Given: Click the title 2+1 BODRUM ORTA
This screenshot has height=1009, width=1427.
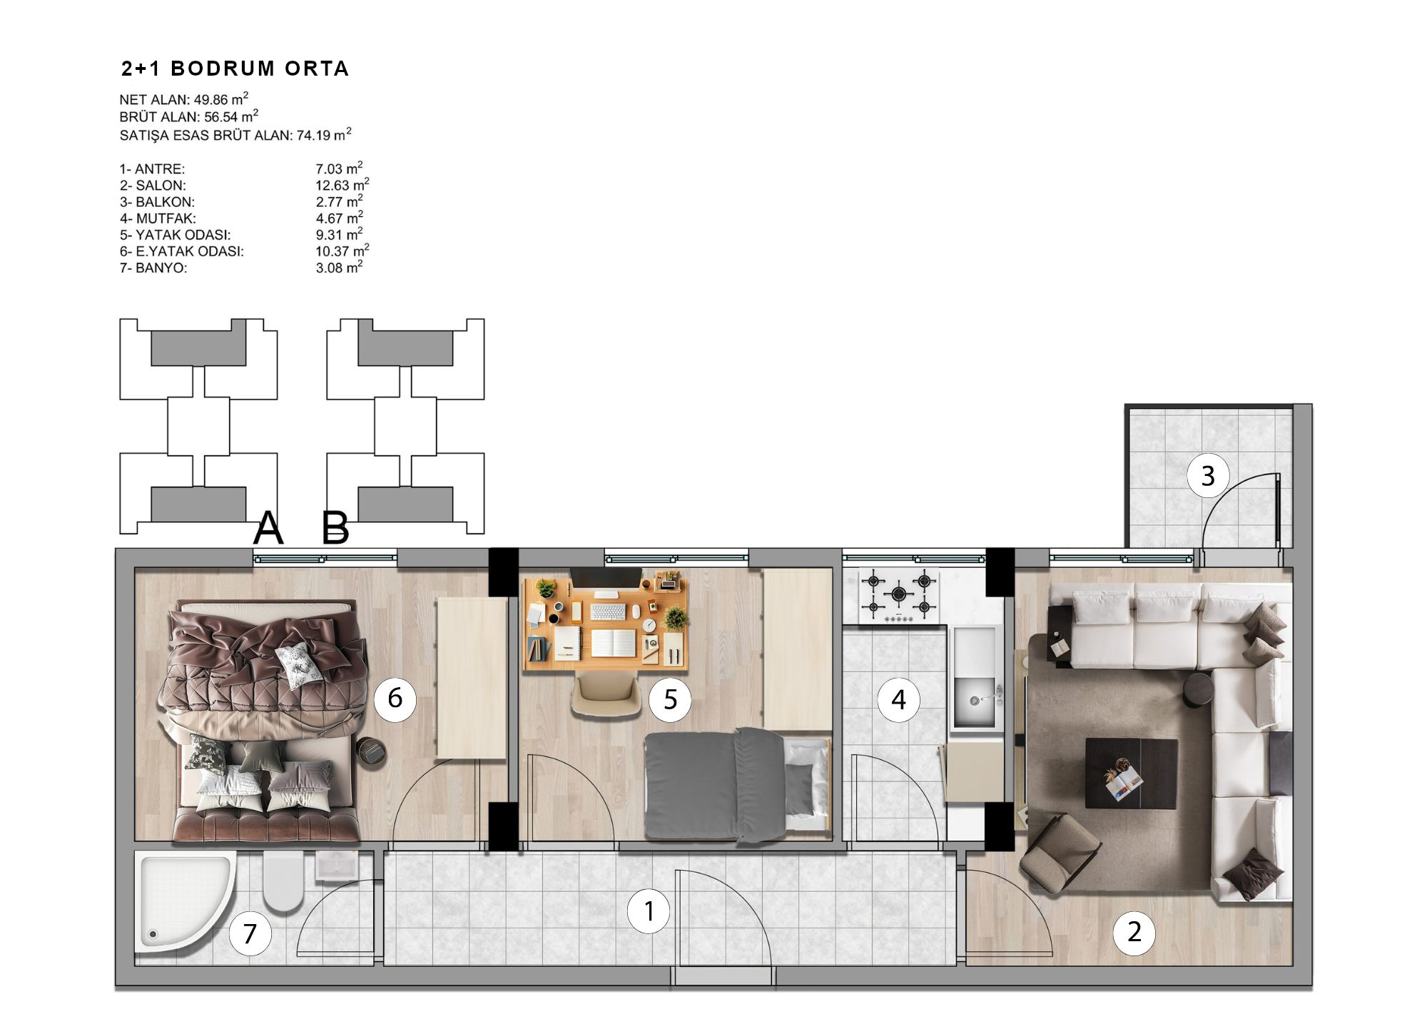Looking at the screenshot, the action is tap(235, 69).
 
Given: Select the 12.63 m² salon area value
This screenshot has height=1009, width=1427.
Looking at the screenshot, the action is tap(342, 185).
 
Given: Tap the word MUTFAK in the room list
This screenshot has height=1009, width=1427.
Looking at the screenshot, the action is tap(166, 218).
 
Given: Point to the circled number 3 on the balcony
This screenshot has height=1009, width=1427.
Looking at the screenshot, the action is tap(1208, 476).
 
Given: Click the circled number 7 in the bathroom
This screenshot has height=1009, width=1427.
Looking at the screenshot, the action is tap(250, 933).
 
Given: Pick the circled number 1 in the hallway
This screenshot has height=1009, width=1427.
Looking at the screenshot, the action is tap(649, 911).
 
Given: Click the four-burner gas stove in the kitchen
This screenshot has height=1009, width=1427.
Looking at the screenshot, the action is tap(899, 594).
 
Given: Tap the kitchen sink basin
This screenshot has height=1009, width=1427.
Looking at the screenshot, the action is tap(975, 701).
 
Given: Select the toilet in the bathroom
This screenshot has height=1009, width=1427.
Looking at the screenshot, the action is tap(283, 881).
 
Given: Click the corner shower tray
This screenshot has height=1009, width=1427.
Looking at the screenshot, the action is tap(184, 901).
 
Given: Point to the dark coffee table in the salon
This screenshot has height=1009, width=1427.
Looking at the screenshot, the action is tap(1131, 774).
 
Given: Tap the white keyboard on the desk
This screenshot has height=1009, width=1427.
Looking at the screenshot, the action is tap(609, 612).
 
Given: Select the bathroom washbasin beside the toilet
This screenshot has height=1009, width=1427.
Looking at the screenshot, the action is tap(336, 866).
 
